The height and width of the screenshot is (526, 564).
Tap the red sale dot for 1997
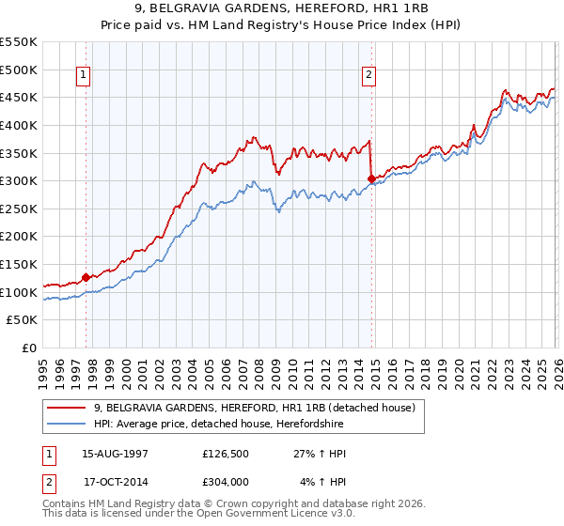[x=86, y=277]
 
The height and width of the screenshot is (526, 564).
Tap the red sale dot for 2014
[x=371, y=178]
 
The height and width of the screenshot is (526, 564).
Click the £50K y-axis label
[x=23, y=320]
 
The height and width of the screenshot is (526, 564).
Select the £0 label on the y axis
[x=31, y=348]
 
